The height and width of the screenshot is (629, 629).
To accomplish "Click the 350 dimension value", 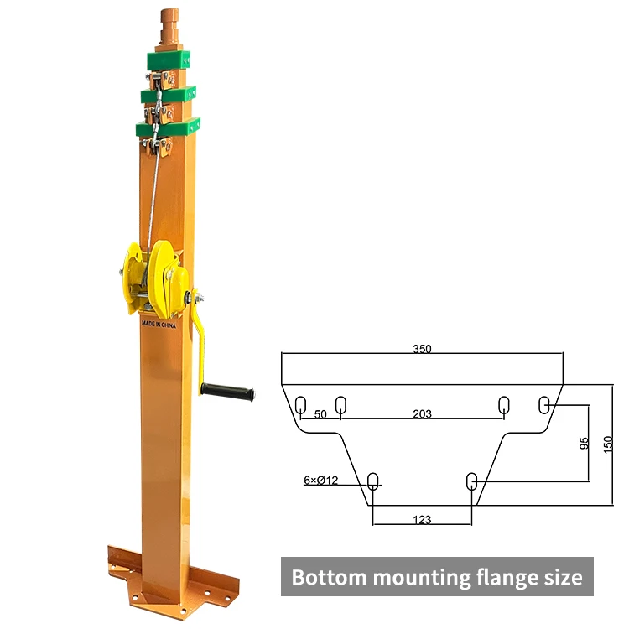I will point(422,349).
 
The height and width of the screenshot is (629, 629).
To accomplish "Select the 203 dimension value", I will point(422,414).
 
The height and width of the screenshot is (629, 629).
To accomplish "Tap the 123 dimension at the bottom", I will point(422,520).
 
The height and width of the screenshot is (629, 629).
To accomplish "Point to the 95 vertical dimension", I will point(584,444).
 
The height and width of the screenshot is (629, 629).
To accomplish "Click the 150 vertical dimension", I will point(608,444).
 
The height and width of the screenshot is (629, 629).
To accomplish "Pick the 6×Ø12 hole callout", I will point(320,481).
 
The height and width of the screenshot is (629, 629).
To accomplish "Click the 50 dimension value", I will point(320,414).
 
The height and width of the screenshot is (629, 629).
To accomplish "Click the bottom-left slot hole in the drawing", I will point(373,481).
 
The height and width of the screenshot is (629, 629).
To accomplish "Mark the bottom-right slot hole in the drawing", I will point(471,481).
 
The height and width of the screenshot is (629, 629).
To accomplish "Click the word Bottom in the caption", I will point(328,578).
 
